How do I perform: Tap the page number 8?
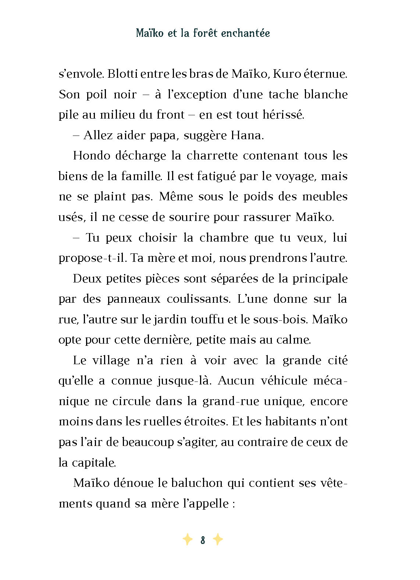pyautogui.click(x=203, y=540)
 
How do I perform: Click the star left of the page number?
pyautogui.click(x=187, y=540)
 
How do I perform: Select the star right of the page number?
pyautogui.click(x=218, y=540)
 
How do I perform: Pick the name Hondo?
pyautogui.click(x=91, y=156)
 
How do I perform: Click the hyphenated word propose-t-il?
pyautogui.click(x=92, y=259)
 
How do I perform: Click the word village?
pyautogui.click(x=111, y=361)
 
